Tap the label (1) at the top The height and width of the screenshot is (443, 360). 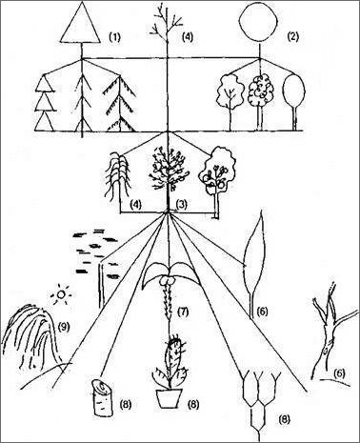pyautogui.click(x=115, y=37)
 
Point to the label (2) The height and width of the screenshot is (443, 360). pyautogui.click(x=292, y=37)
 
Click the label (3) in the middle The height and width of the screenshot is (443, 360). pyautogui.click(x=181, y=205)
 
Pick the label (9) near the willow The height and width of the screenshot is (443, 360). pyautogui.click(x=64, y=327)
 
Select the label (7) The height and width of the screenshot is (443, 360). pyautogui.click(x=182, y=312)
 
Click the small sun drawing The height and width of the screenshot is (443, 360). pyautogui.click(x=60, y=295)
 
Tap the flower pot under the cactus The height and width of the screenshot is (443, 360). pyautogui.click(x=169, y=398)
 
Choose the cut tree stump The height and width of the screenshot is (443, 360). pyautogui.click(x=103, y=398)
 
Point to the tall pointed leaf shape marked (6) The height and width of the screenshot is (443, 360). pyautogui.click(x=255, y=264)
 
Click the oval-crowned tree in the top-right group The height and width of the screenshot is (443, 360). pyautogui.click(x=294, y=102)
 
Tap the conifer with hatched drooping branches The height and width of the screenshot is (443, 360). pyautogui.click(x=120, y=104)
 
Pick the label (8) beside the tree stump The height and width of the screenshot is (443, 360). pyautogui.click(x=126, y=404)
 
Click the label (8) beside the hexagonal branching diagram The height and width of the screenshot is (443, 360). pyautogui.click(x=285, y=420)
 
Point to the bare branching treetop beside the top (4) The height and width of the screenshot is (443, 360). pyautogui.click(x=167, y=22)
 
